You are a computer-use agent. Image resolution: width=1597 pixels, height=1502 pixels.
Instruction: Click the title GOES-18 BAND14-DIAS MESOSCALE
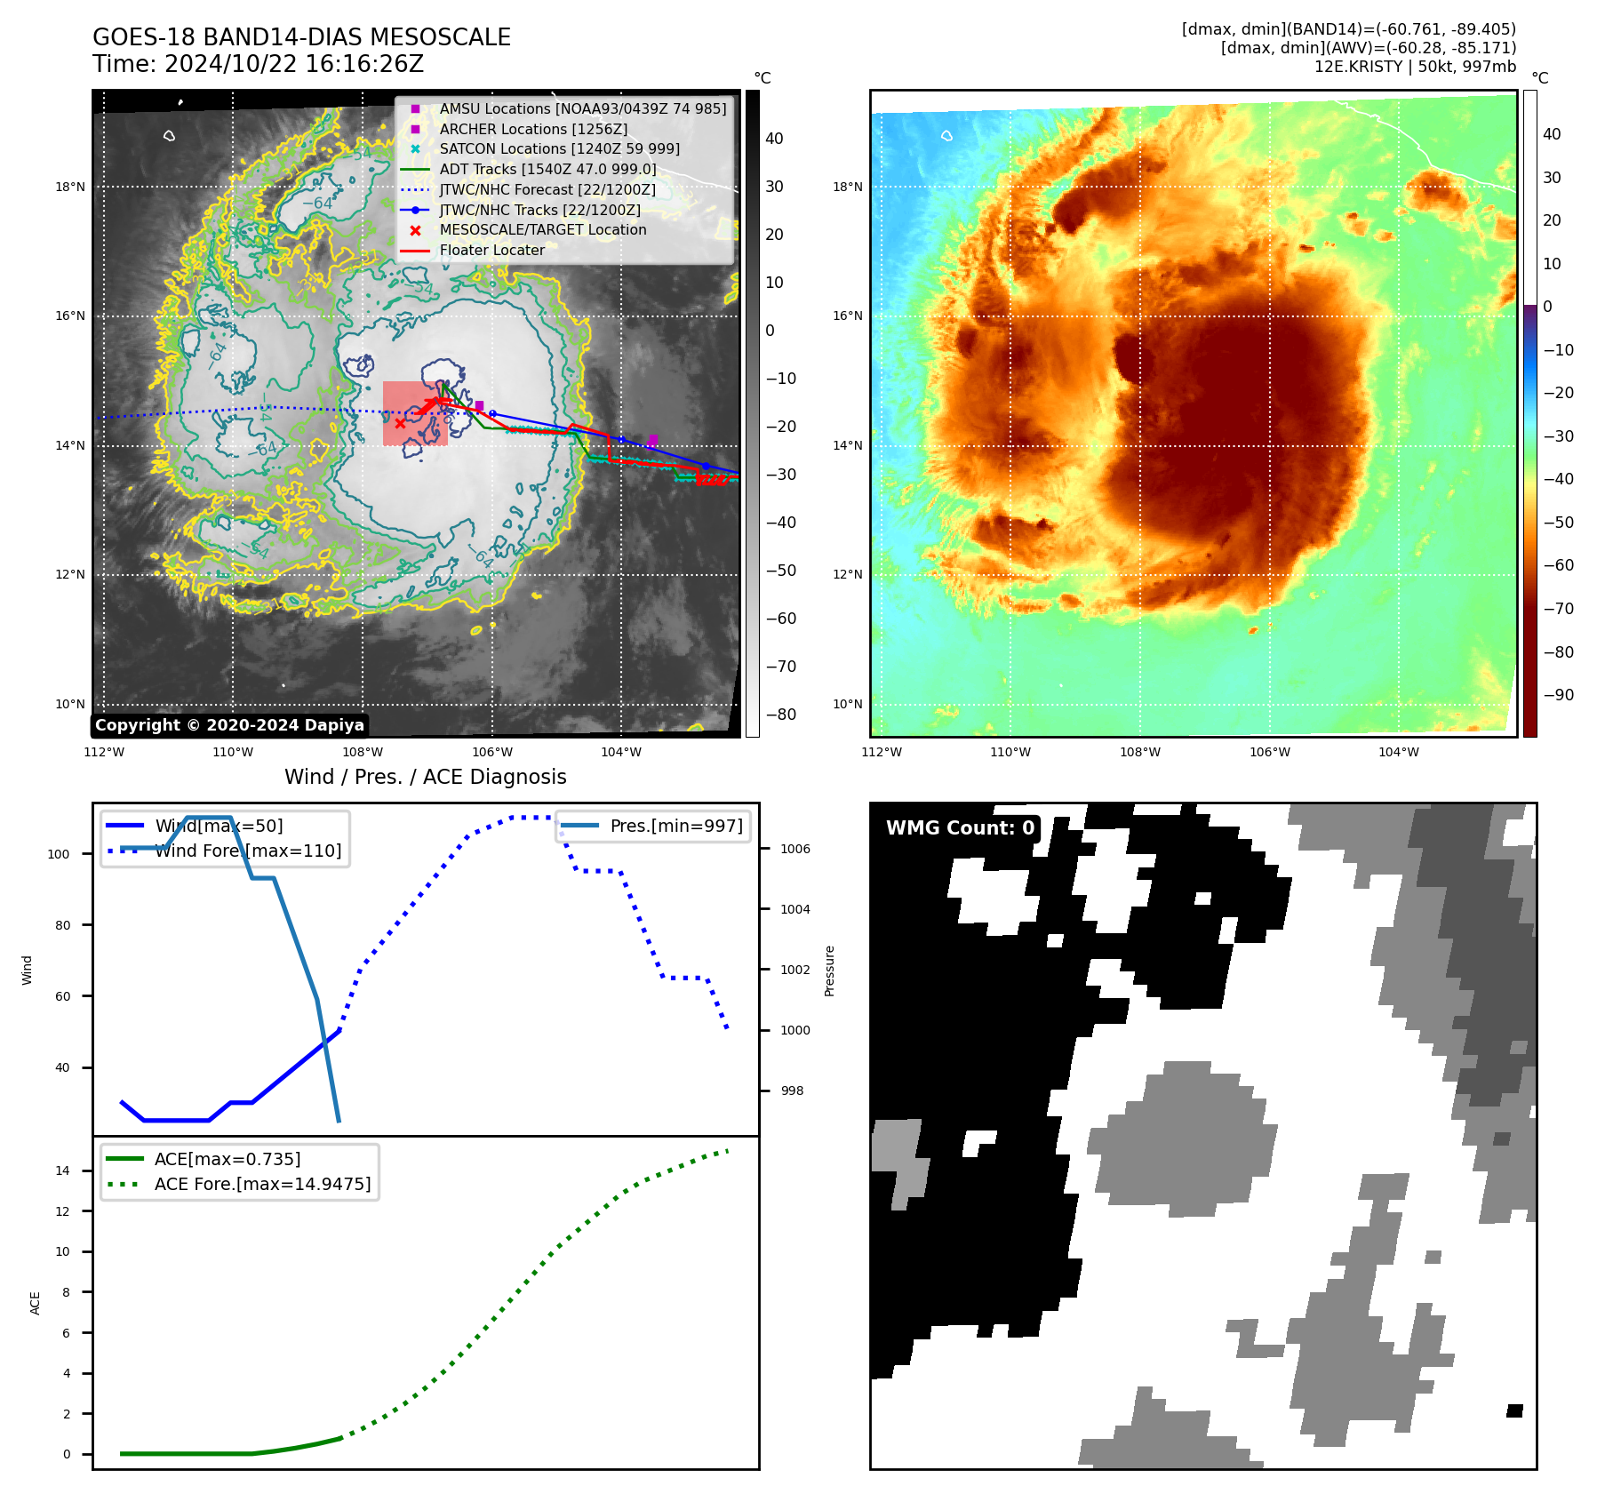[301, 37]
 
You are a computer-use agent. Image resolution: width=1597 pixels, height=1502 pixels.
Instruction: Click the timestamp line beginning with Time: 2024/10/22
[258, 64]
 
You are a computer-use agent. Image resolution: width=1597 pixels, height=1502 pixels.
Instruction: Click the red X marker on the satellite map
[400, 423]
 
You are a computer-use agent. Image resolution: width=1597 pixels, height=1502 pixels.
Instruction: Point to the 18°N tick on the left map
[70, 187]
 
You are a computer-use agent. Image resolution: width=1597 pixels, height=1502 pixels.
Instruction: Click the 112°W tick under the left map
[104, 752]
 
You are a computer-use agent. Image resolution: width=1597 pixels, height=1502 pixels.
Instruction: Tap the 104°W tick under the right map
[1398, 752]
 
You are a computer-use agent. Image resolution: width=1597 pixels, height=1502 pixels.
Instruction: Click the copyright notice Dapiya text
[229, 725]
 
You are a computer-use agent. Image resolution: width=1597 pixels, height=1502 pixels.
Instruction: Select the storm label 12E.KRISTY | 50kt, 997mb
[1415, 67]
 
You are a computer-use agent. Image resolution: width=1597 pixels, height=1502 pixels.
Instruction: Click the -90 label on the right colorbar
[1558, 695]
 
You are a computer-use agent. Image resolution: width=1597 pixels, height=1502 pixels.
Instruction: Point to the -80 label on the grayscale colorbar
[781, 715]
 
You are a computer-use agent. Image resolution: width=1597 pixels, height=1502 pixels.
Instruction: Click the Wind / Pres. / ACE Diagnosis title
[425, 777]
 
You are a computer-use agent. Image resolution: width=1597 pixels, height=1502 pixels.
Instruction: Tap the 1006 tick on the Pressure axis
[795, 849]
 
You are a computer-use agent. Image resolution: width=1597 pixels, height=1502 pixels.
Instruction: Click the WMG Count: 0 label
[960, 828]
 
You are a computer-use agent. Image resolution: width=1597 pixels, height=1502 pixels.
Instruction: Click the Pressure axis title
[829, 971]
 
